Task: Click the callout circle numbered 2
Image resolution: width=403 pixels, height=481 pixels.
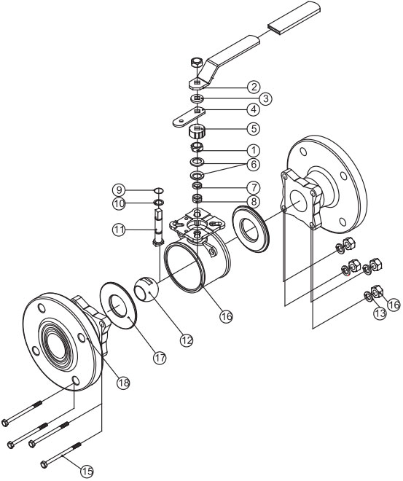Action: (x=254, y=87)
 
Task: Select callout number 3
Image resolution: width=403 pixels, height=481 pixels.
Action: (x=265, y=99)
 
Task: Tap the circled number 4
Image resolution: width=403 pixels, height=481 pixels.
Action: (x=254, y=109)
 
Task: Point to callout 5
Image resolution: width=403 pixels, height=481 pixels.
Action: (x=254, y=128)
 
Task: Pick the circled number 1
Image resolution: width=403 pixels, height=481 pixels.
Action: (x=254, y=150)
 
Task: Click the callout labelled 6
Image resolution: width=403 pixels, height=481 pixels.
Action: (x=254, y=165)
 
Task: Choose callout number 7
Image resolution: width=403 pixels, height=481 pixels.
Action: (x=254, y=188)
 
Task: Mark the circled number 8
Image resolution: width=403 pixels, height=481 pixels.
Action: (x=254, y=202)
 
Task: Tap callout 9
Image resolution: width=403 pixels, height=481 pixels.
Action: (x=119, y=190)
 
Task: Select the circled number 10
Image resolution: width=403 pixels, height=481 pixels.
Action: (x=119, y=203)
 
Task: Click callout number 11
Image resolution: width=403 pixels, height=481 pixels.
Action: (x=119, y=230)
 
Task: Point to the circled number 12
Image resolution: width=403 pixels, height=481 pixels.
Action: (x=187, y=340)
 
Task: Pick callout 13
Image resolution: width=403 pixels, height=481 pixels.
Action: (x=380, y=313)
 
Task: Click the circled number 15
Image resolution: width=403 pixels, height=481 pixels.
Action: (x=87, y=470)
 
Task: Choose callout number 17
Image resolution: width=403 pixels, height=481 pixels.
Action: (x=160, y=358)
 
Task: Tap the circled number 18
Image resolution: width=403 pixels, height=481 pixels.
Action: (x=123, y=383)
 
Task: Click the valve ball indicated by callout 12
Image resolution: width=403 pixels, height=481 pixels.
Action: (x=146, y=289)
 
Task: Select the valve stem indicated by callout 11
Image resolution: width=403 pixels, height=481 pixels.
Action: (x=158, y=226)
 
